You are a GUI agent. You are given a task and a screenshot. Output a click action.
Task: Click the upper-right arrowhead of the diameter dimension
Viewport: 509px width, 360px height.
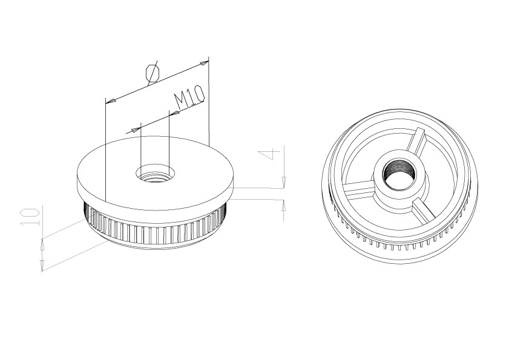pos(205,61)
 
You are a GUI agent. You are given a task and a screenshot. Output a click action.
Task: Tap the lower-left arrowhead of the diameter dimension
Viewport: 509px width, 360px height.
pos(110,100)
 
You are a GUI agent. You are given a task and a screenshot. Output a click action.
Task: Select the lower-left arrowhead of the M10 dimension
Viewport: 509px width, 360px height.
pos(131,129)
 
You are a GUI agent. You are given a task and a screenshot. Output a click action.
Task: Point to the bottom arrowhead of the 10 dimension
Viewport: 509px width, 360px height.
pos(42,265)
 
